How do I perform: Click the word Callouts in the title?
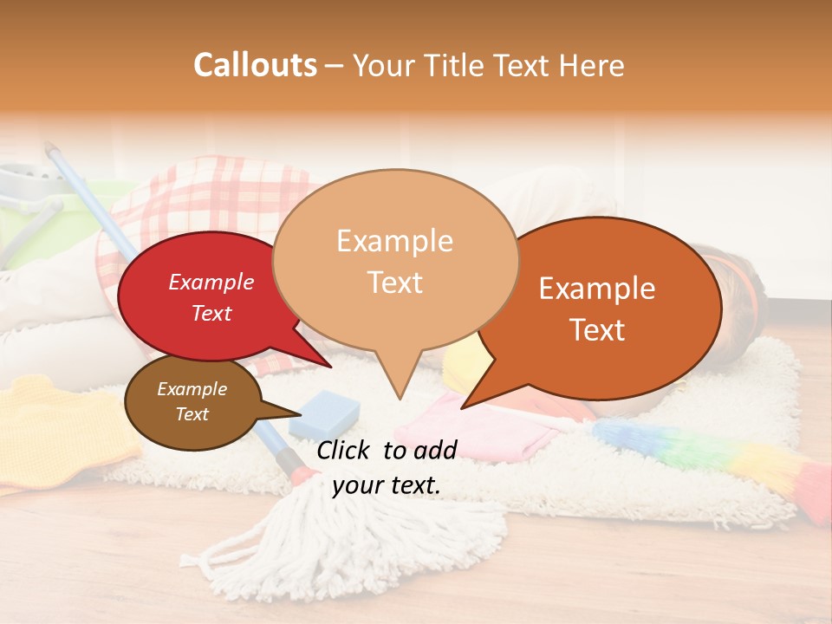[x=255, y=65]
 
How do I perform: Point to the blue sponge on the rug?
[x=324, y=413]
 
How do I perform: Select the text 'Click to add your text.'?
[x=387, y=467]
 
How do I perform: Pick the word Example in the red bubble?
[x=211, y=282]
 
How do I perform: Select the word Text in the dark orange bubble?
[x=598, y=330]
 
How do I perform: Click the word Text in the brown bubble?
[x=192, y=414]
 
